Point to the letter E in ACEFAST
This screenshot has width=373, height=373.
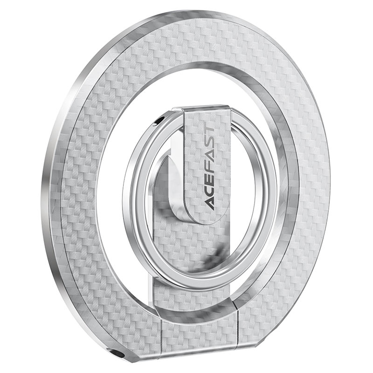208,182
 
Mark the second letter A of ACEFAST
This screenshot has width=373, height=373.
208,159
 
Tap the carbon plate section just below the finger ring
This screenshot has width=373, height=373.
200,298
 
